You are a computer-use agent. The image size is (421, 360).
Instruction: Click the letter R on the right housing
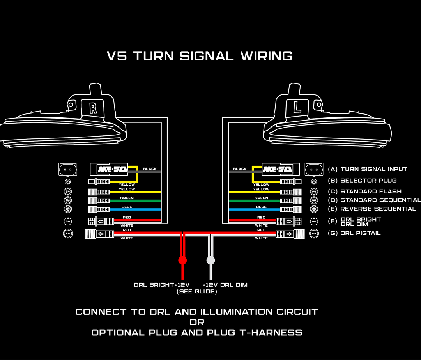[x=93, y=108]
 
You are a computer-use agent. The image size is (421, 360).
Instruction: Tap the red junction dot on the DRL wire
[x=182, y=260]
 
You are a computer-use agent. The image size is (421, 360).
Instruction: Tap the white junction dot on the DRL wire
[x=210, y=260]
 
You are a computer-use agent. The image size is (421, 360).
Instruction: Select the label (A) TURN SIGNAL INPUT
[x=368, y=169]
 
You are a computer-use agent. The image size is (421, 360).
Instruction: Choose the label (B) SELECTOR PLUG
[x=363, y=181]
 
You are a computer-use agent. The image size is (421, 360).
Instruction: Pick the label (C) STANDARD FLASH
[x=364, y=192]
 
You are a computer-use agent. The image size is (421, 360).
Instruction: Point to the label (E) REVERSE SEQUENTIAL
[x=372, y=209]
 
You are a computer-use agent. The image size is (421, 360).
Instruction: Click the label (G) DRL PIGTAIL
[x=354, y=233]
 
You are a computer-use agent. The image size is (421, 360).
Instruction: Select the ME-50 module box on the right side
[x=277, y=169]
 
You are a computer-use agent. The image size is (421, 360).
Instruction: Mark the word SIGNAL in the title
[x=207, y=56]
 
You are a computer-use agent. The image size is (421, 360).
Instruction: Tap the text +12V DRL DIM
[x=225, y=285]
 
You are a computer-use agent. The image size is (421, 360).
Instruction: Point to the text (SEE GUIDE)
[x=197, y=291]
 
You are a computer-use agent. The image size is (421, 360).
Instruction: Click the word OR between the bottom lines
[x=197, y=322]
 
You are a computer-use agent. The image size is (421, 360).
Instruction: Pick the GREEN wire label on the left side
[x=127, y=198]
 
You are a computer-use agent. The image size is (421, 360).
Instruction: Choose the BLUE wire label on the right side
[x=261, y=207]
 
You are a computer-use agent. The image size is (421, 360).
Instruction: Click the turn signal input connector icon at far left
[x=68, y=169]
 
